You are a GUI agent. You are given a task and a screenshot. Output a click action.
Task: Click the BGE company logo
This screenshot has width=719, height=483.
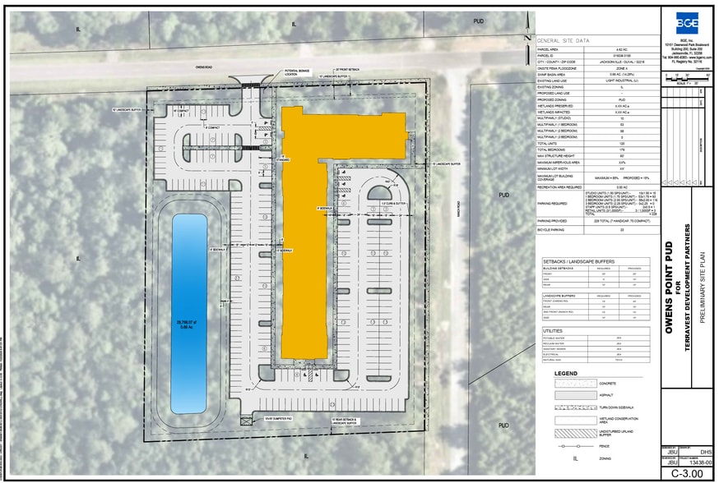pos(687,22)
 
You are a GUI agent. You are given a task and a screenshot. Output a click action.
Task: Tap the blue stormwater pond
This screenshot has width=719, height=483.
pos(188,312)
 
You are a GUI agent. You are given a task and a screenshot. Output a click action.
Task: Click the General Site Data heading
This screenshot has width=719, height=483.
pos(563,39)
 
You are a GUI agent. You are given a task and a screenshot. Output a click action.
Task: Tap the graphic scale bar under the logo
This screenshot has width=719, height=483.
pos(686,78)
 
